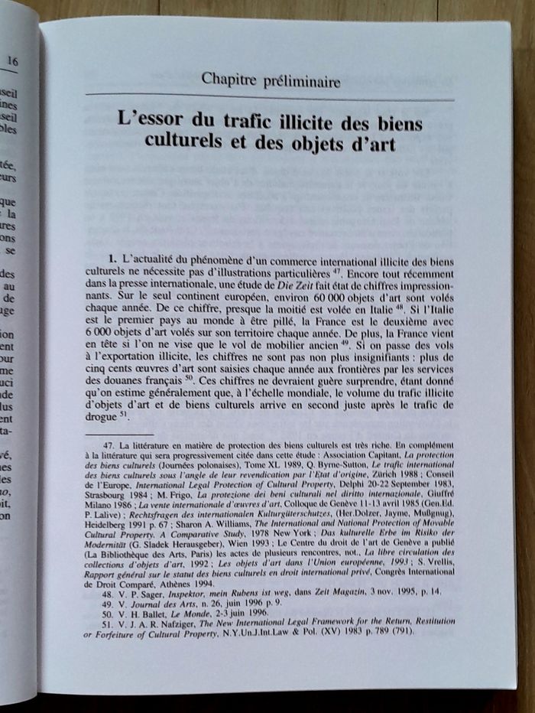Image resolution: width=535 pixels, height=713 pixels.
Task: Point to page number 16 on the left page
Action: [x=13, y=60]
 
